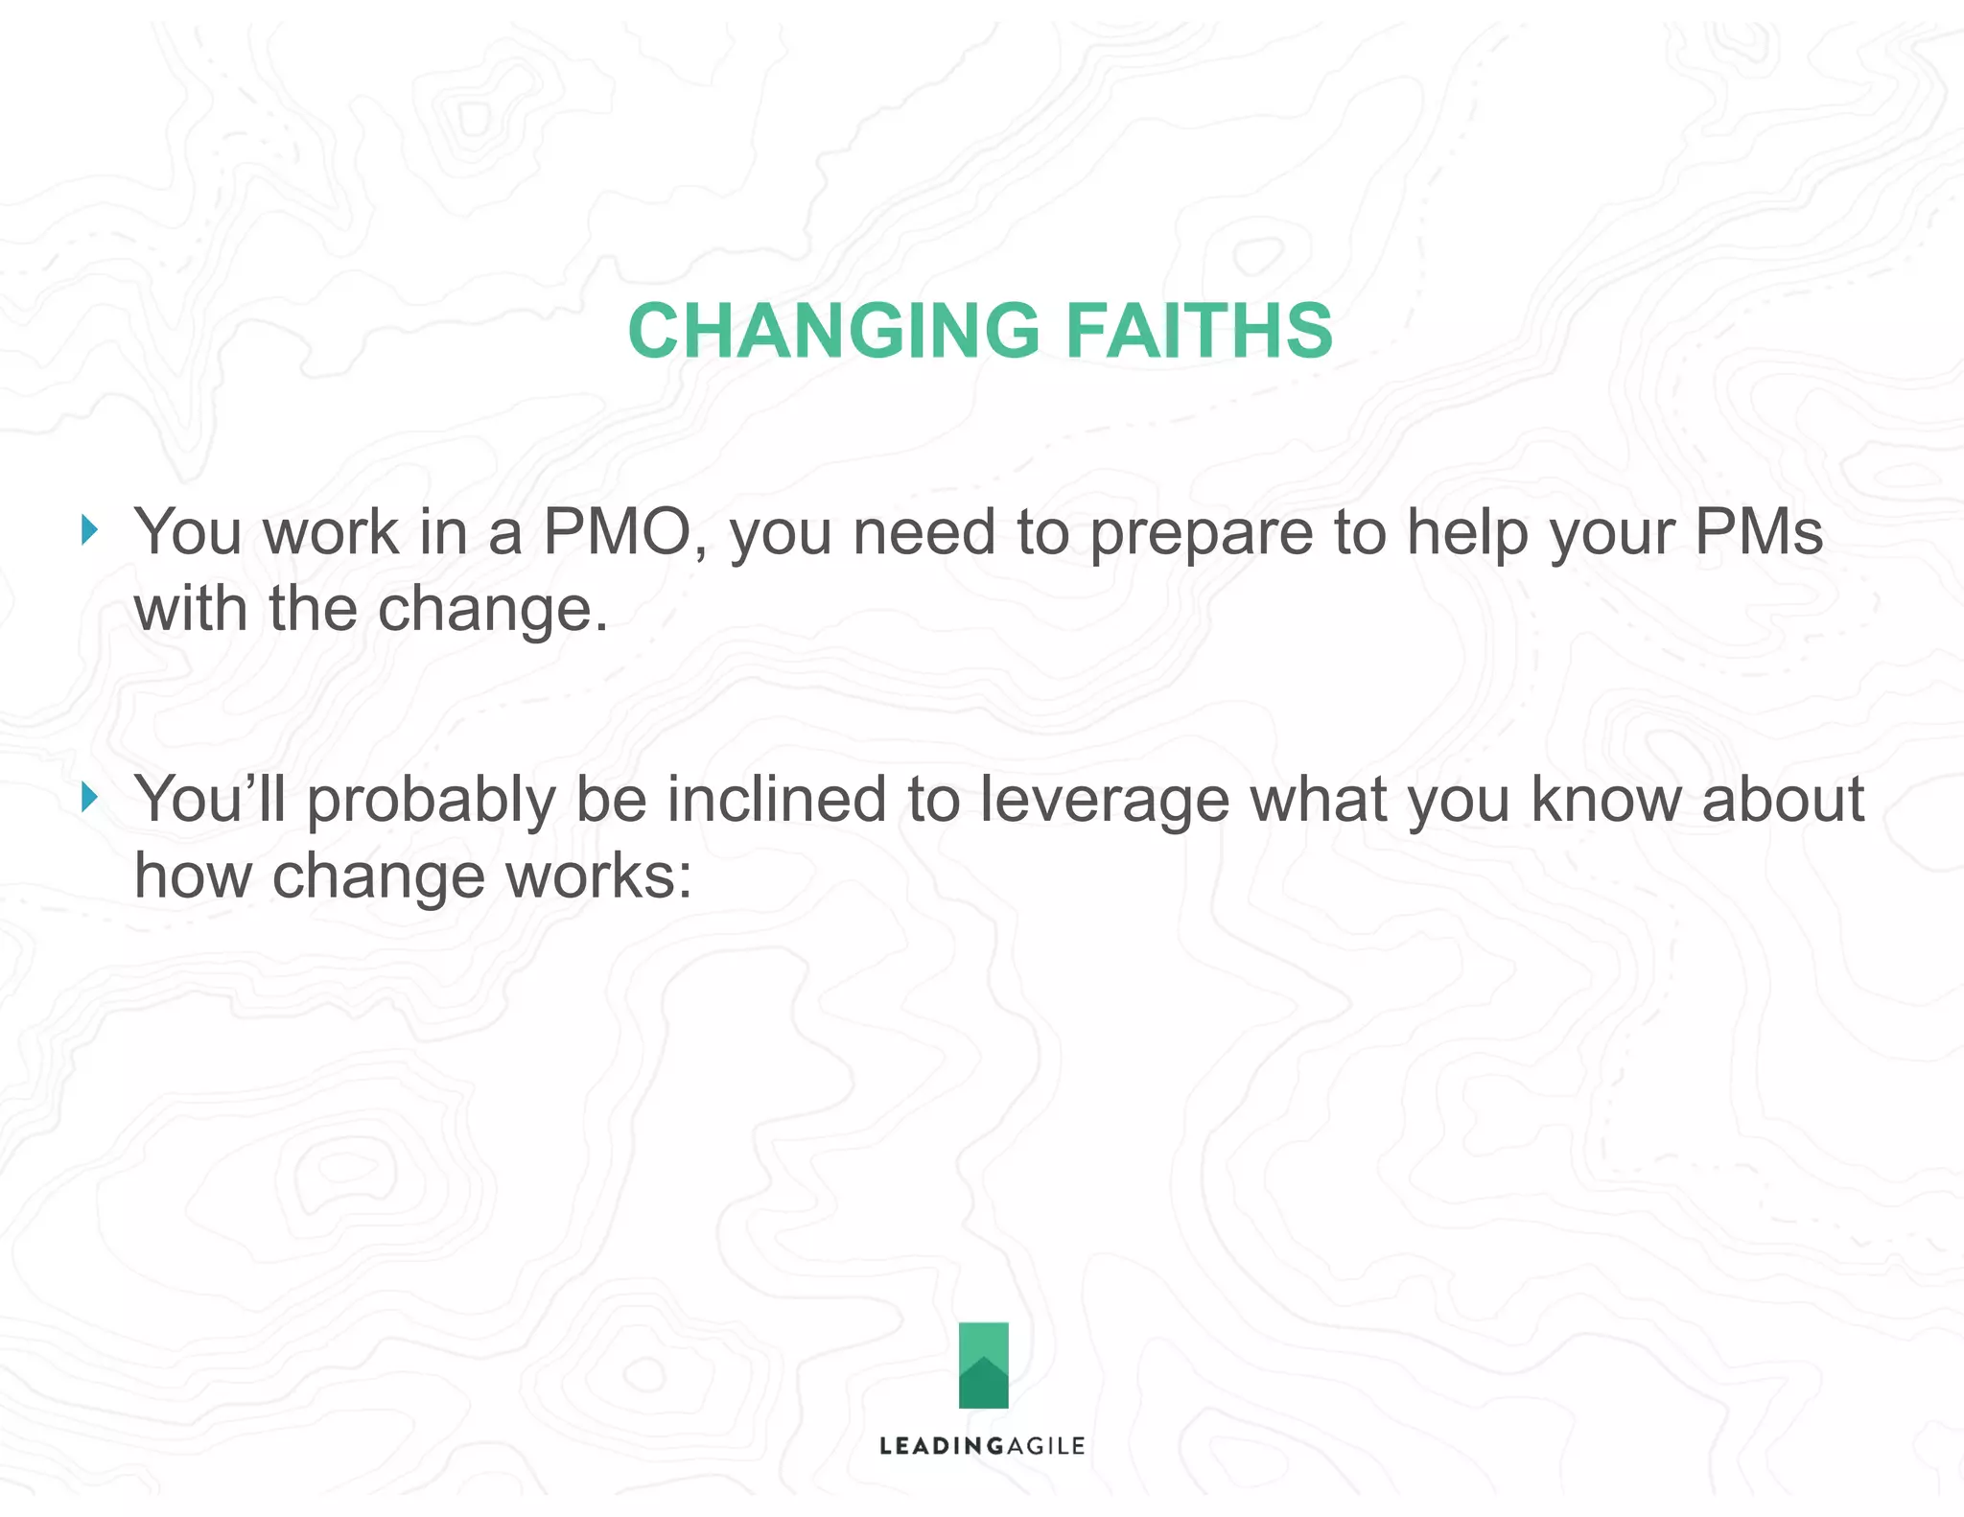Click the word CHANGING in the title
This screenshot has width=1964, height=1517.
832,331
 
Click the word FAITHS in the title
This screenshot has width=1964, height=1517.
1199,331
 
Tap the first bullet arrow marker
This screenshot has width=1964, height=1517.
89,529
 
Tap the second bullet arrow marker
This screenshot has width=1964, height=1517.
89,797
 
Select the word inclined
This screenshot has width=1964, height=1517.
776,799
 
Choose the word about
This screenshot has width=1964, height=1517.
1783,799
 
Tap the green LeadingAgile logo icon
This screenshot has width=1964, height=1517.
983,1365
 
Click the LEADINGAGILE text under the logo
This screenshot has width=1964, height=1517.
982,1446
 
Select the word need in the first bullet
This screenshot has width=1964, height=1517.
924,532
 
